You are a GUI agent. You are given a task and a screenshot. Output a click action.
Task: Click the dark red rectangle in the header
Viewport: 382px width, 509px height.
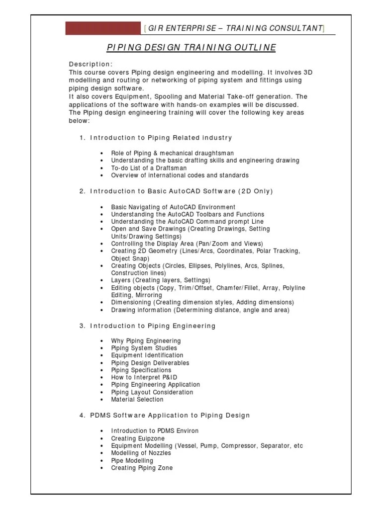103,28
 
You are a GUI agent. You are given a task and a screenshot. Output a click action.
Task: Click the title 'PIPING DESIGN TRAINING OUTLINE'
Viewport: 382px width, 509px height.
191,47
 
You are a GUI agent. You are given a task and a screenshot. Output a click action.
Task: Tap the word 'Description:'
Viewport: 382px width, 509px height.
91,65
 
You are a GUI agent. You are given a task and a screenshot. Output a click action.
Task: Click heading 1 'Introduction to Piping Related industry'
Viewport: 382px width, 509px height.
161,137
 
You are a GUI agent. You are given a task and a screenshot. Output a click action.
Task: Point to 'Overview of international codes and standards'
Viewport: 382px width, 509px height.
180,175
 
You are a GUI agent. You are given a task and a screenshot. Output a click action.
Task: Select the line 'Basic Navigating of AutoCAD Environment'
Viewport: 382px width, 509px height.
173,207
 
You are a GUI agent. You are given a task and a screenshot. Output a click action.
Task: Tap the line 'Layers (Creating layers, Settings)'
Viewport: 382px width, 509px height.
161,280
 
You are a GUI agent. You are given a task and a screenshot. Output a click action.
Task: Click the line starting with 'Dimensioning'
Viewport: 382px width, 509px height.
202,302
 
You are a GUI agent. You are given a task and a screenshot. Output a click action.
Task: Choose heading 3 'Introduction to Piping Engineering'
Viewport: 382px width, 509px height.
153,326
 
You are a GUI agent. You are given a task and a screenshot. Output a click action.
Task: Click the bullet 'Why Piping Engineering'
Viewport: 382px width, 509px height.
146,341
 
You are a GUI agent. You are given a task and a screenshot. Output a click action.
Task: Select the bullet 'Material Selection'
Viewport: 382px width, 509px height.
137,399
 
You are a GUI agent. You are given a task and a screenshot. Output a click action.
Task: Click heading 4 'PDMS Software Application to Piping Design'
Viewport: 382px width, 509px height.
170,415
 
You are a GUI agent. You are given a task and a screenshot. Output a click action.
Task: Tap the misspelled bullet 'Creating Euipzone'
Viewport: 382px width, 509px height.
137,438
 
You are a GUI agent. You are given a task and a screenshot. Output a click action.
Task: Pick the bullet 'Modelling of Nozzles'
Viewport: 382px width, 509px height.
141,453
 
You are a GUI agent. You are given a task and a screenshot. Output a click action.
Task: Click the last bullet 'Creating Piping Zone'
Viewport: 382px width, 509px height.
142,468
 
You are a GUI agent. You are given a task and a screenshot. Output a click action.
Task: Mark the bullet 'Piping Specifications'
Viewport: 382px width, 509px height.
141,370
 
